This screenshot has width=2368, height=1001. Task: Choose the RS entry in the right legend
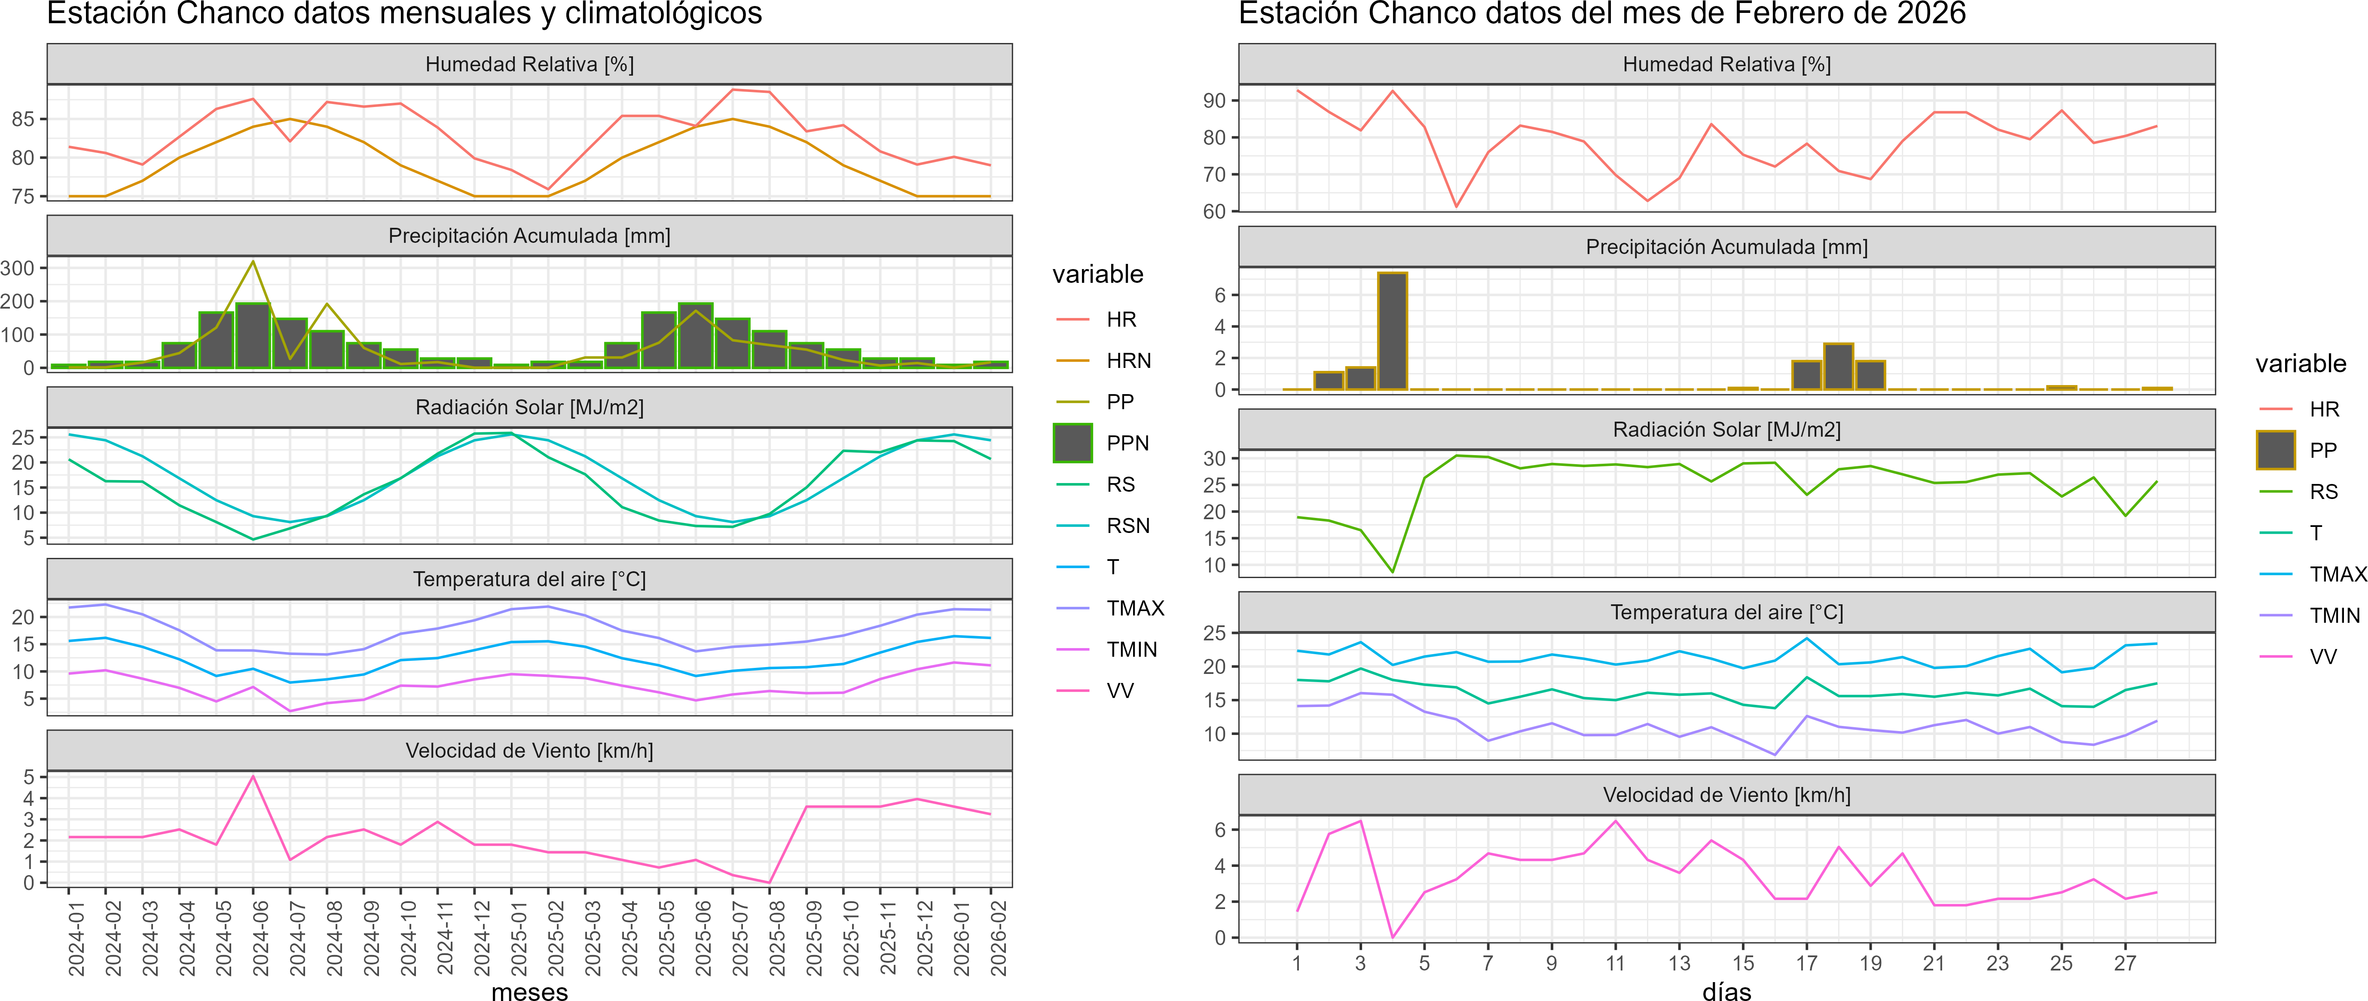(x=2323, y=492)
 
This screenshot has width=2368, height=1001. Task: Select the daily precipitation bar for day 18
(x=1839, y=366)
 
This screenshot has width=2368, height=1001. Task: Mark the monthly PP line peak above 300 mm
(x=254, y=262)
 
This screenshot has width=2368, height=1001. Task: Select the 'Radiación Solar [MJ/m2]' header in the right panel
(x=1726, y=429)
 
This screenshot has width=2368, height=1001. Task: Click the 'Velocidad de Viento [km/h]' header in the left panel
(x=529, y=751)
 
